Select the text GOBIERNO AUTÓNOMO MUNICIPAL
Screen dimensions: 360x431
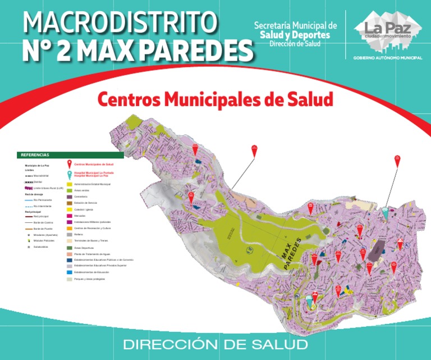(x=387, y=58)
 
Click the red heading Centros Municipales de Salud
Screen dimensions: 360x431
(x=215, y=100)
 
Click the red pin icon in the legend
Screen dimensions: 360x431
(x=69, y=164)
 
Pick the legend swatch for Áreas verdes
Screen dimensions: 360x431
(x=70, y=190)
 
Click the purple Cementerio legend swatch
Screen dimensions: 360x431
(x=70, y=197)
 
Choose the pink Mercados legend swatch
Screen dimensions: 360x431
(x=70, y=216)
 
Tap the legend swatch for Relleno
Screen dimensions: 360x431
(x=70, y=234)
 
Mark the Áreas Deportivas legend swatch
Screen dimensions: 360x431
(x=70, y=247)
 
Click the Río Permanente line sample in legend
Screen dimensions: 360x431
(x=29, y=200)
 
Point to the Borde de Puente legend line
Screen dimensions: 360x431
(x=29, y=229)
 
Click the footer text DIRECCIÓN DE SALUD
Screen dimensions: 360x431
(x=215, y=344)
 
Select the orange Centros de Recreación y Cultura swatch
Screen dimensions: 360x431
(x=70, y=228)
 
